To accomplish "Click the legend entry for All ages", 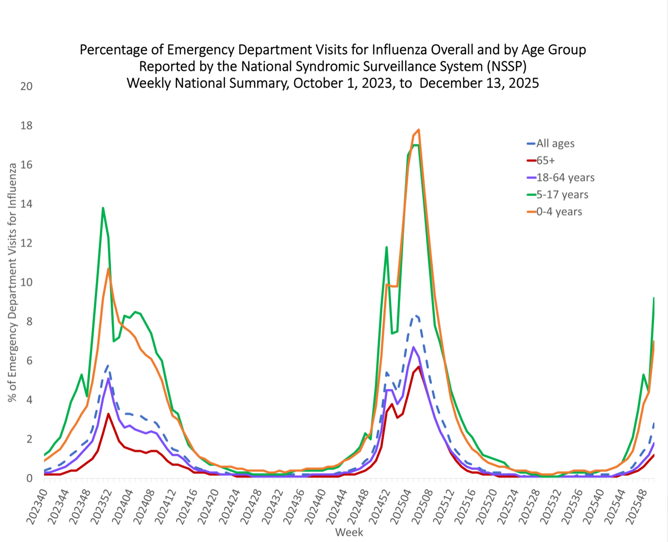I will [x=555, y=144].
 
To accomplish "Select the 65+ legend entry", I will [x=546, y=161].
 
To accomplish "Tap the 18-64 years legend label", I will [x=565, y=178].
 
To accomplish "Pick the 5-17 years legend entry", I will [x=562, y=195].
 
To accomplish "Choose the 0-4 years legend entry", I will [x=559, y=212].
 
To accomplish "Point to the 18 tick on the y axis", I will [x=26, y=125].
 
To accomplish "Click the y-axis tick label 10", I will [x=26, y=283].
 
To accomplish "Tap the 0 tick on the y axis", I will [x=29, y=478].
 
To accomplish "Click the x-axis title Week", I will [x=349, y=532].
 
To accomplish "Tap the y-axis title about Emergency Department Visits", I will [x=12, y=283].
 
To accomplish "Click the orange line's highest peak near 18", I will [x=418, y=129].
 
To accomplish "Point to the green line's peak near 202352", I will [x=103, y=208].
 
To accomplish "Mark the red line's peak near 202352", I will [x=108, y=414].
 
